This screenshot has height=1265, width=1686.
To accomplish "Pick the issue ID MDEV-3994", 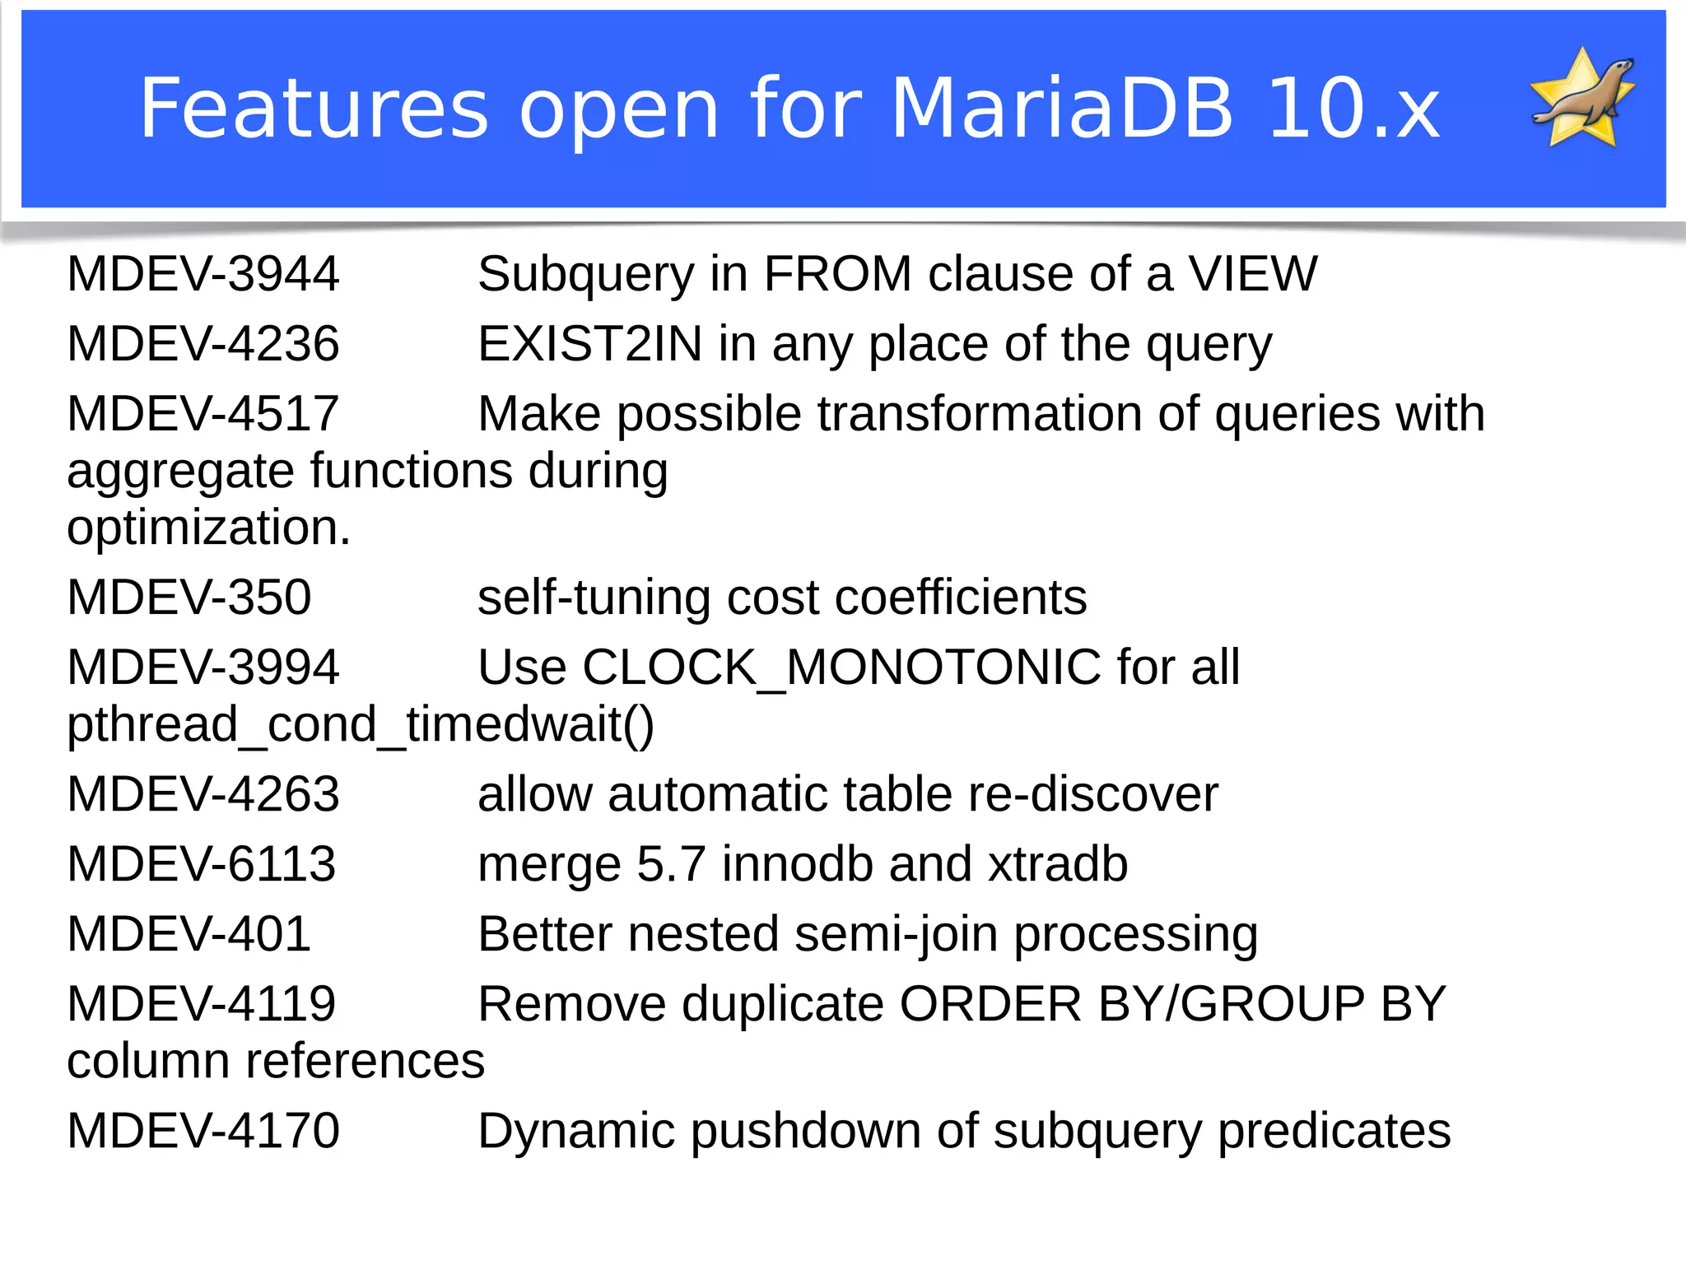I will [x=203, y=667].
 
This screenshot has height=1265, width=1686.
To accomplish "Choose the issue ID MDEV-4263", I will [x=203, y=794].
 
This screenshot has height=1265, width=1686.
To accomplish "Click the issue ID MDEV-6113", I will [x=201, y=864].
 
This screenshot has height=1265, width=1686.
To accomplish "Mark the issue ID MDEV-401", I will [x=189, y=934].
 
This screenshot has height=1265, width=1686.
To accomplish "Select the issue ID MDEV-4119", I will [x=201, y=1004].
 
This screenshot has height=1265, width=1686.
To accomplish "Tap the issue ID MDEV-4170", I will [x=203, y=1131].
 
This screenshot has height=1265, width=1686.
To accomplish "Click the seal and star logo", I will [x=1582, y=99].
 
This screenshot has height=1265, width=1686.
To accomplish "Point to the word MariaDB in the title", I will [x=1062, y=109].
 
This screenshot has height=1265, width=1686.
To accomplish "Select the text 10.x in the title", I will [x=1354, y=109].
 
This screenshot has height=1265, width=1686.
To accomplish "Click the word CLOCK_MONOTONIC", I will [x=841, y=667].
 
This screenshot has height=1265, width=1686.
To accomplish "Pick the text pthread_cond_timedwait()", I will [x=361, y=724].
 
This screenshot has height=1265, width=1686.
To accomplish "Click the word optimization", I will [x=208, y=528].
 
